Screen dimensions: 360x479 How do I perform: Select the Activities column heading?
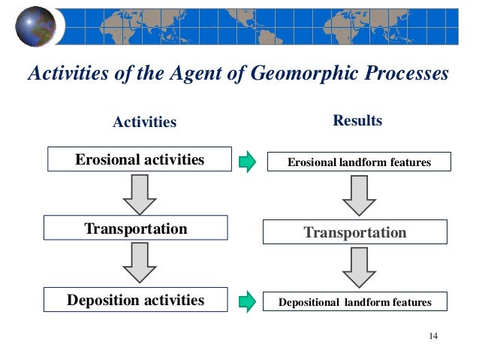coord(144,122)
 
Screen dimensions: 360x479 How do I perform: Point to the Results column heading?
coord(357,120)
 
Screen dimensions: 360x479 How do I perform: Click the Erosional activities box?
coord(140,160)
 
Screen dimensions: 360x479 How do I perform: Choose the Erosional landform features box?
coord(360,162)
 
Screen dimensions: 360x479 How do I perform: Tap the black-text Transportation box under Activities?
coord(135,228)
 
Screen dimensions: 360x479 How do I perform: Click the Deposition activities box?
coord(135,301)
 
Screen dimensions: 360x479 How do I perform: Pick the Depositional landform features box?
coord(355,302)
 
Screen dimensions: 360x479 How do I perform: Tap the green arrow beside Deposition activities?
coord(247,302)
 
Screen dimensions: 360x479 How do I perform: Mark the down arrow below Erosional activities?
coord(139,194)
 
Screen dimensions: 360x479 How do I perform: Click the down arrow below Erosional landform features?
coord(359,196)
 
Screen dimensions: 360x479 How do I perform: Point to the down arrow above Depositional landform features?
coord(359,268)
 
